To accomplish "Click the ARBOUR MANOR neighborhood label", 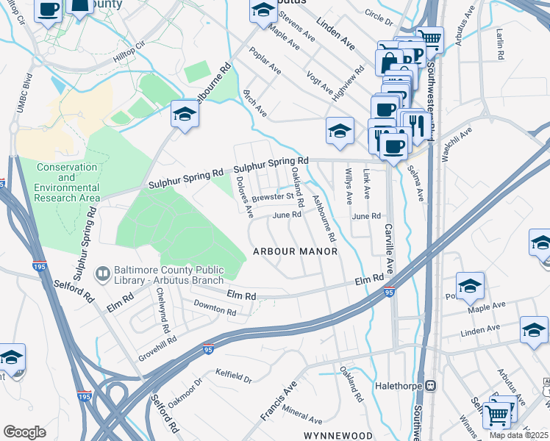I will point(295,251).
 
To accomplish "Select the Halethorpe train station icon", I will point(432,385).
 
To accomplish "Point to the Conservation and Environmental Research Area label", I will point(66,182).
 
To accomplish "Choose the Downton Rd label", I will point(215,312).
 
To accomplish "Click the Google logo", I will point(24,431).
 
